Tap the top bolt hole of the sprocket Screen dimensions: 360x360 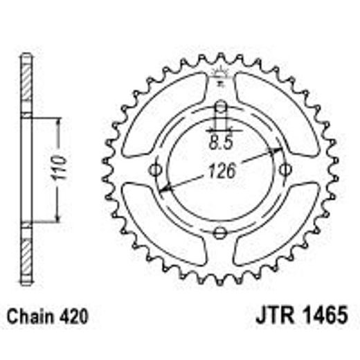pyautogui.click(x=221, y=108)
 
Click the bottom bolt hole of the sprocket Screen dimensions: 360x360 pyautogui.click(x=221, y=231)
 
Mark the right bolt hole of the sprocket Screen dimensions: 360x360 pyautogui.click(x=285, y=170)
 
